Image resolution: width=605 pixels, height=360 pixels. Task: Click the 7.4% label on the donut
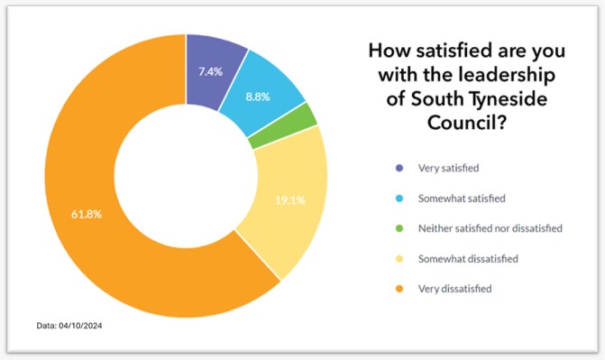[x=210, y=69]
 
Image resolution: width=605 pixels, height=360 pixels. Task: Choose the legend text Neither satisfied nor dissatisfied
[x=490, y=228]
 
